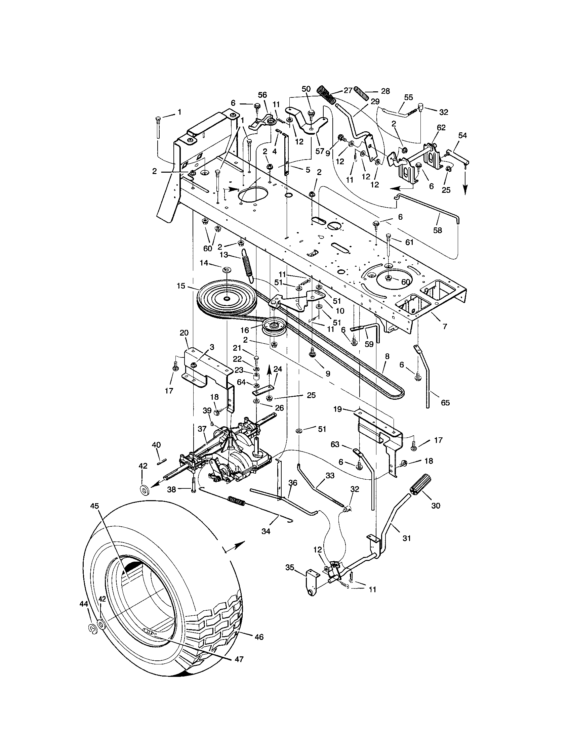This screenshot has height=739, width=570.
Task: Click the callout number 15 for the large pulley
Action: (181, 286)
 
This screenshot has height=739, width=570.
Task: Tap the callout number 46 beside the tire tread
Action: (259, 637)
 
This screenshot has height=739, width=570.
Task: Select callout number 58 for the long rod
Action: (438, 230)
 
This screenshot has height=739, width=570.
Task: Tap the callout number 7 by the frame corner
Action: (445, 326)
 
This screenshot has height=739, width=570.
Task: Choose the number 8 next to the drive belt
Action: (387, 356)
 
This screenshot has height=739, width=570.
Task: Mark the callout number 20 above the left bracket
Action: (184, 333)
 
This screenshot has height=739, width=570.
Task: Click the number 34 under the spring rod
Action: (266, 532)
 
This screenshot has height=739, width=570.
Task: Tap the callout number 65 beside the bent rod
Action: (445, 403)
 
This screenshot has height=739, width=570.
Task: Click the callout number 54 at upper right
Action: (462, 135)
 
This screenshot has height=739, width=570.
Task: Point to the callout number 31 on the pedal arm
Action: (406, 538)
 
